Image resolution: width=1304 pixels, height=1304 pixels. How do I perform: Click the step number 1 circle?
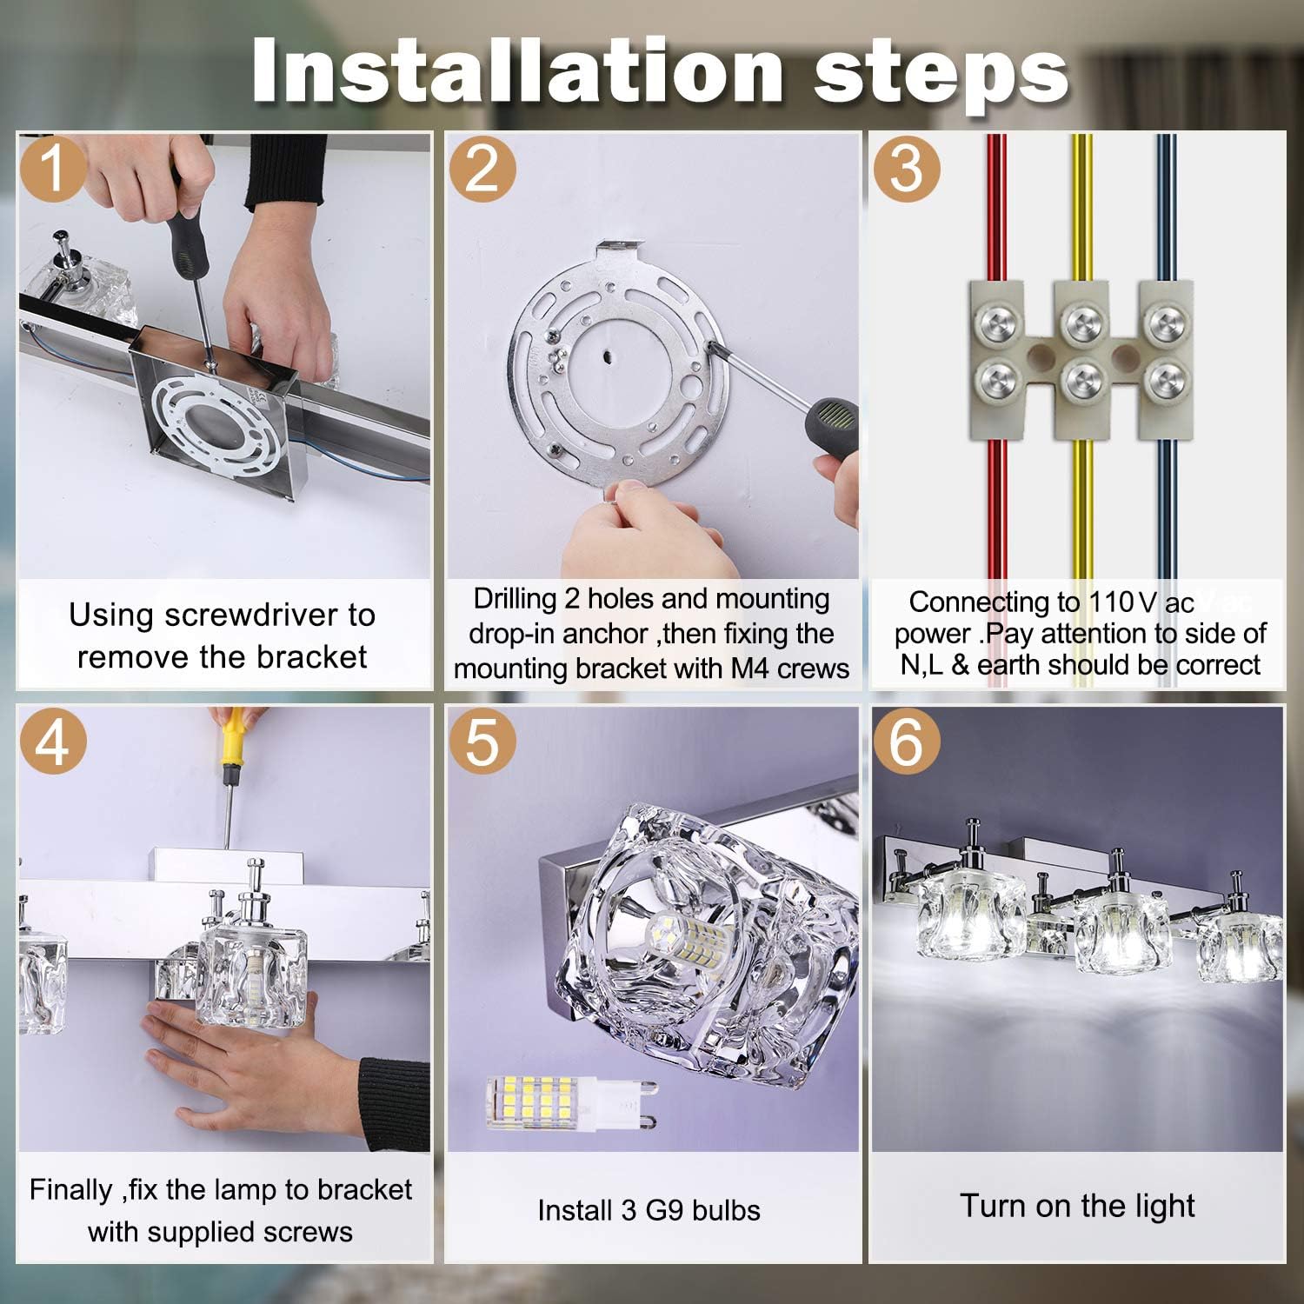click(53, 169)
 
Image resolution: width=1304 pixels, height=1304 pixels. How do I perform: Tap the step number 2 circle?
click(482, 169)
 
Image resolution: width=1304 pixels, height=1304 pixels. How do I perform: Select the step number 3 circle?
click(907, 169)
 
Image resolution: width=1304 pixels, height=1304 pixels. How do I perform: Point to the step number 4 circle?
click(53, 742)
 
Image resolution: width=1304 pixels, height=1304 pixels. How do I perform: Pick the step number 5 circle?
click(482, 742)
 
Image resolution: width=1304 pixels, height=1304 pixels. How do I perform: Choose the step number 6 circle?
click(907, 742)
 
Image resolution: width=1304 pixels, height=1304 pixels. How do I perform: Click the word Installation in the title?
click(518, 71)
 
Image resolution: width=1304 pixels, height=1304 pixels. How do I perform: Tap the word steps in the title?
click(941, 77)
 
